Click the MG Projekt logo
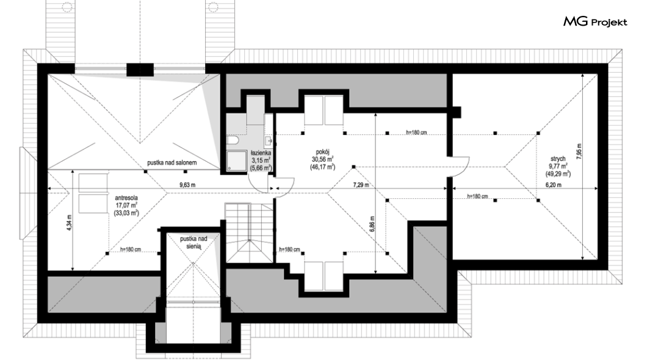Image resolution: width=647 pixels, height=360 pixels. pos(595,22)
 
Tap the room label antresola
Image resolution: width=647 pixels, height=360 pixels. pos(126,198)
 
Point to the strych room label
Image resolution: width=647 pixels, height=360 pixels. pos(558,159)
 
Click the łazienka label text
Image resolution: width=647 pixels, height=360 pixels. pos(261,153)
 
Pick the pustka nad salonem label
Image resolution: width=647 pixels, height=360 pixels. pos(172,162)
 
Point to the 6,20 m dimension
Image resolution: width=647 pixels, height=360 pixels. pos(554,185)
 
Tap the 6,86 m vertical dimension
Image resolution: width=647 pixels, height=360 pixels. pos(372,225)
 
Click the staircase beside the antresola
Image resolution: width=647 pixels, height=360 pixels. pos(249,232)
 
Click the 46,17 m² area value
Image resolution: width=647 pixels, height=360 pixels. pos(323,167)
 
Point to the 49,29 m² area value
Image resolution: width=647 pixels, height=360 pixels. pos(558,174)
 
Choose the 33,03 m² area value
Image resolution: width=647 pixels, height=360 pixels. pos(126,213)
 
